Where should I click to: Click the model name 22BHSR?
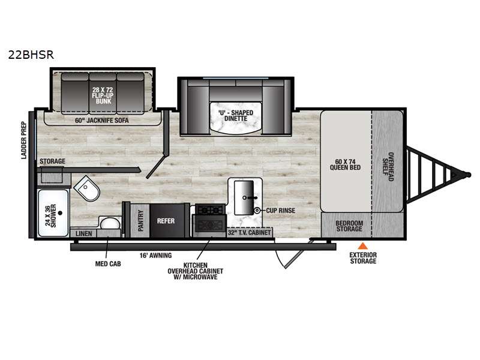pos(31,55)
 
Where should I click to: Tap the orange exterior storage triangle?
pos(363,245)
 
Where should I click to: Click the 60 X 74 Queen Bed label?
pos(345,164)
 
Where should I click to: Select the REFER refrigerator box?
pos(166,221)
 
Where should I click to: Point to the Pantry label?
pos(141,221)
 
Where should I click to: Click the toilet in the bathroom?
pos(87,188)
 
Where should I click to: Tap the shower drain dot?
pos(61,213)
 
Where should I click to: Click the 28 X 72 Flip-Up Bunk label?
pos(103,95)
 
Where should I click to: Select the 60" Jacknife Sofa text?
pos(102,121)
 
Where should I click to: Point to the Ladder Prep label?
pos(24,140)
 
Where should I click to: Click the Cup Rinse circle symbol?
pos(257,211)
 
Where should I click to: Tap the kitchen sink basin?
pos(244,197)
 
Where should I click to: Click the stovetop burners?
pos(210,209)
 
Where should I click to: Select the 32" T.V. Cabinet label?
pos(249,233)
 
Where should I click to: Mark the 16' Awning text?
pos(155,256)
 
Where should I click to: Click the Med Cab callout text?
pos(108,263)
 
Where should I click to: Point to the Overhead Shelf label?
pos(388,167)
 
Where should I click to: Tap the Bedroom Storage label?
pos(349,226)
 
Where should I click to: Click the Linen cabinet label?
pos(83,233)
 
